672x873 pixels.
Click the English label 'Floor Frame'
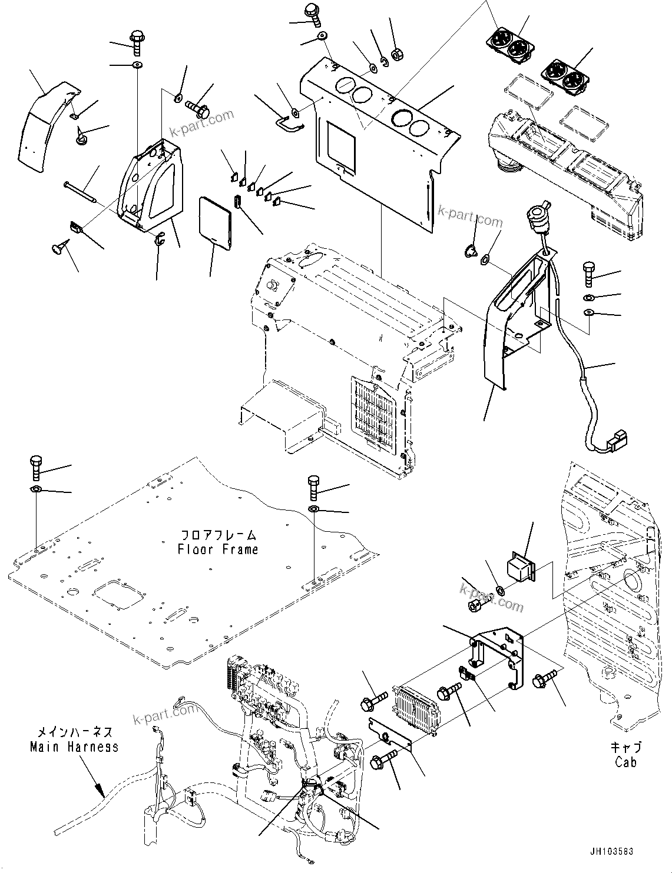tap(217, 549)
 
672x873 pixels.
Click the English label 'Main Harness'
tap(74, 747)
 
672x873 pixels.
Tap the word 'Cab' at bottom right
tap(625, 762)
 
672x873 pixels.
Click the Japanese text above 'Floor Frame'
tap(218, 535)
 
